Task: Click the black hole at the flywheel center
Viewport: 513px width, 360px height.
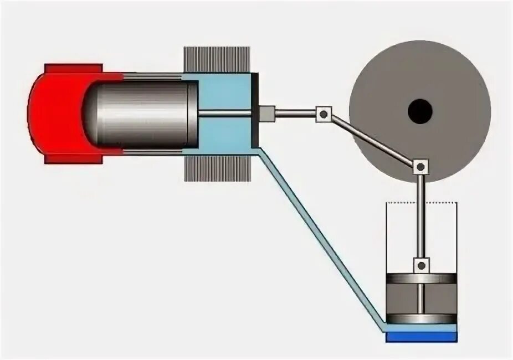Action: (x=419, y=112)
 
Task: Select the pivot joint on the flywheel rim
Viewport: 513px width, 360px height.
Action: (x=420, y=166)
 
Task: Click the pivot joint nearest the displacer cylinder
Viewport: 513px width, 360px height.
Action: (x=323, y=114)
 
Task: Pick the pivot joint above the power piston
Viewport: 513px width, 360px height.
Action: (x=422, y=265)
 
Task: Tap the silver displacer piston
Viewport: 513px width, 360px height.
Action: (x=144, y=114)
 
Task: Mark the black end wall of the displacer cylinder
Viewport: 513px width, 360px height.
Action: (x=255, y=114)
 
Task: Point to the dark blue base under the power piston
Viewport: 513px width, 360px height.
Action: (x=421, y=336)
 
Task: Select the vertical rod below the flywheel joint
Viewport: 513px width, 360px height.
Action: (x=421, y=216)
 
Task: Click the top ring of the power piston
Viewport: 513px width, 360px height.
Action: (x=421, y=279)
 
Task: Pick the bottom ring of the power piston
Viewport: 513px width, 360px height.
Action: (x=421, y=318)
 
